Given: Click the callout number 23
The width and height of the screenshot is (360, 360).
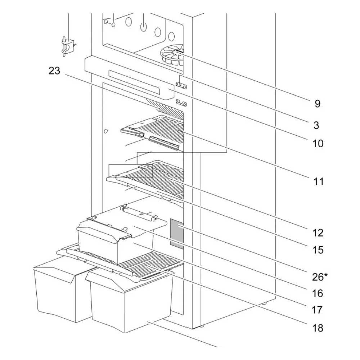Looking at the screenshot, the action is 54,71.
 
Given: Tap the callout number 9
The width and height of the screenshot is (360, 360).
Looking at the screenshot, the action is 317,104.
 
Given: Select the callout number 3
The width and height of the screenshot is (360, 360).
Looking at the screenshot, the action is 316,125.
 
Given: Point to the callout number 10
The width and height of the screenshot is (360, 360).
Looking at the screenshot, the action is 318,144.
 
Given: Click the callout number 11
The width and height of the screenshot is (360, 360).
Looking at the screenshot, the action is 318,181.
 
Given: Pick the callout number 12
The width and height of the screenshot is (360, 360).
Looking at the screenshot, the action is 318,233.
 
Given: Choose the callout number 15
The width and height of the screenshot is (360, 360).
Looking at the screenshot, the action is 318,250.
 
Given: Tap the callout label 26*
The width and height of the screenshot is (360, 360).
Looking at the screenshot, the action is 320,277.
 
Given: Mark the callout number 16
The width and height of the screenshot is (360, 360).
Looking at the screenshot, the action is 318,293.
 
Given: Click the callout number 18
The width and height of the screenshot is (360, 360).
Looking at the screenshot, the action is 318,328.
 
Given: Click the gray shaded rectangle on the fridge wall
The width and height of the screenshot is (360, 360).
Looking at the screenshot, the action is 177,234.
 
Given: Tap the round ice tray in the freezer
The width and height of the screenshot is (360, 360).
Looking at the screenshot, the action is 172,55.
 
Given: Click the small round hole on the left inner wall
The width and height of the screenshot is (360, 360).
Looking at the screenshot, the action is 105,131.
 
